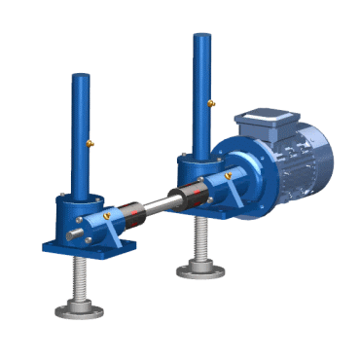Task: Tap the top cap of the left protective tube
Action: pos(81,74)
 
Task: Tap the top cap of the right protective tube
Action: pos(201,38)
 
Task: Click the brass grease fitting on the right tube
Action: pos(212,101)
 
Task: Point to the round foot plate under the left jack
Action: pos(79,310)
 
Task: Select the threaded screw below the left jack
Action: pos(78,282)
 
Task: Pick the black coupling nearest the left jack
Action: pos(127,211)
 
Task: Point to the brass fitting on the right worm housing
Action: pos(229,176)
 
